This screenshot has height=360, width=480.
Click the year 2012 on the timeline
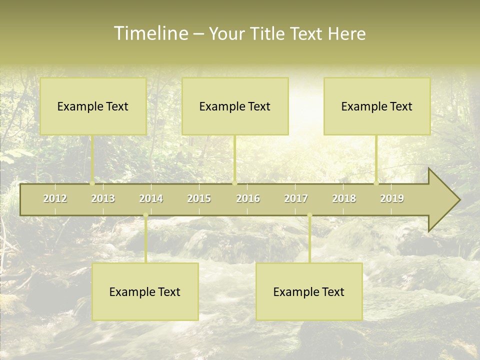55,198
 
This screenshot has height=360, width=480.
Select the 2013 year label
103,198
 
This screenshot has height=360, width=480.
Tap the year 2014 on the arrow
151,198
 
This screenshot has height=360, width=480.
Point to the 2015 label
199,198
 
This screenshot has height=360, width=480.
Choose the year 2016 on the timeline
248,198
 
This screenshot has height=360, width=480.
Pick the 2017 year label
296,198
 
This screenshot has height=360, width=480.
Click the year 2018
344,198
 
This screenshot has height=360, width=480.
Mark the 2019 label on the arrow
392,198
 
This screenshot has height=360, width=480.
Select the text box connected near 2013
93,106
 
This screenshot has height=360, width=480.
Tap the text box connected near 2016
235,106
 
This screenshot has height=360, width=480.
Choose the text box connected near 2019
377,106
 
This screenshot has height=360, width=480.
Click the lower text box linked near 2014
145,291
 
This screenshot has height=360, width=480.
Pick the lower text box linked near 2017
309,291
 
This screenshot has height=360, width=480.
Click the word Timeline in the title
150,33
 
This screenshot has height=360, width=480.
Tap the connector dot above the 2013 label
92,183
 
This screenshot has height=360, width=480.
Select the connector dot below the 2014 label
145,215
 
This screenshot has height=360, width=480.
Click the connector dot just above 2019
376,183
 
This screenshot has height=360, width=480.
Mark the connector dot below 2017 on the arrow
309,215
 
